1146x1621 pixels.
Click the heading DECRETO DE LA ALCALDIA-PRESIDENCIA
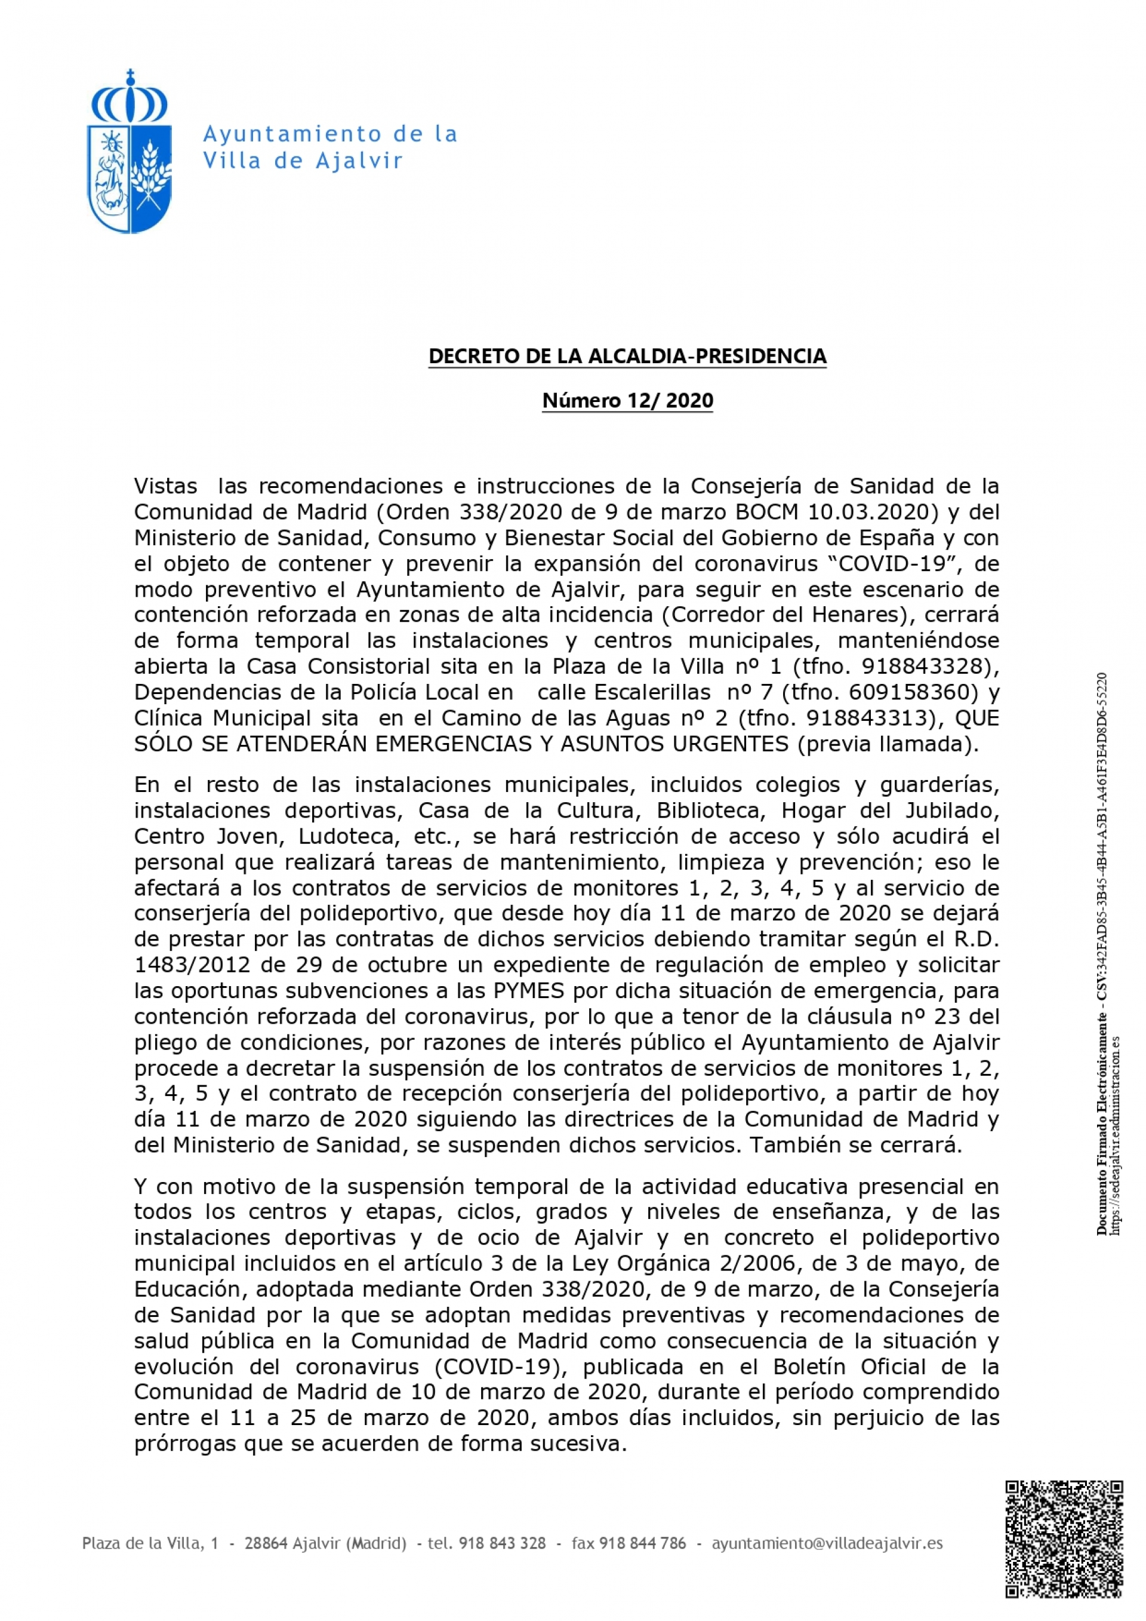[x=627, y=356]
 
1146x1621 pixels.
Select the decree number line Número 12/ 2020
[x=627, y=400]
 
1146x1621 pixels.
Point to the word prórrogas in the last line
[x=186, y=1444]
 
